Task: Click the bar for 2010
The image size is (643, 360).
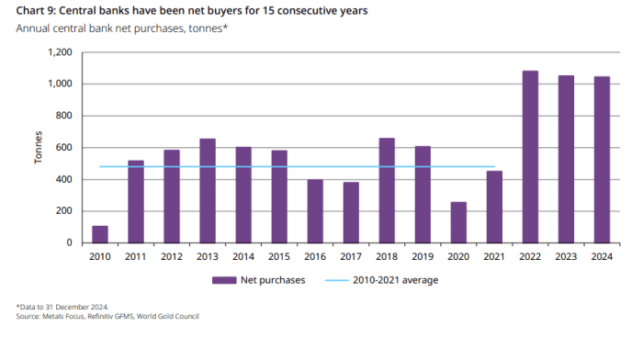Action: click(100, 234)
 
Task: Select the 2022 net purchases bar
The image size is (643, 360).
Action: click(530, 157)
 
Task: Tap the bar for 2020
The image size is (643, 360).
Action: click(458, 222)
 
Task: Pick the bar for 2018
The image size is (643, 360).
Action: click(387, 191)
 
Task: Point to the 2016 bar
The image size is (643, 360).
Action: click(315, 211)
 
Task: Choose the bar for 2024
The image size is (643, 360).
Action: click(602, 160)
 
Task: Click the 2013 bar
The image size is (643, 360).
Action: click(208, 191)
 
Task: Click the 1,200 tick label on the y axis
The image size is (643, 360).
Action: click(60, 52)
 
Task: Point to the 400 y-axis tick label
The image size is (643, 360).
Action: click(64, 179)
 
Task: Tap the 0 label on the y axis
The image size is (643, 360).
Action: click(69, 242)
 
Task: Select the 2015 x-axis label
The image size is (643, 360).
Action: click(279, 256)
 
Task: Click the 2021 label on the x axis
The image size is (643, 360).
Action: click(494, 256)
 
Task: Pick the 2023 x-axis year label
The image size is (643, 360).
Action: click(566, 256)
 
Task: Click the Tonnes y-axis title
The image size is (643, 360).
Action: click(39, 148)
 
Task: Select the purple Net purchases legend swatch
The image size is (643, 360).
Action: click(224, 280)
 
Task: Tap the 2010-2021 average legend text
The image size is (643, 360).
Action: click(395, 280)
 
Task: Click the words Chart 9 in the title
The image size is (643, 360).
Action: click(35, 11)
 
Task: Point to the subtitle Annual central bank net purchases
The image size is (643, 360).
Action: click(100, 28)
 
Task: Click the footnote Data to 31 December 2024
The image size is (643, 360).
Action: click(63, 307)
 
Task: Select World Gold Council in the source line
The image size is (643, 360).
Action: click(168, 316)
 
